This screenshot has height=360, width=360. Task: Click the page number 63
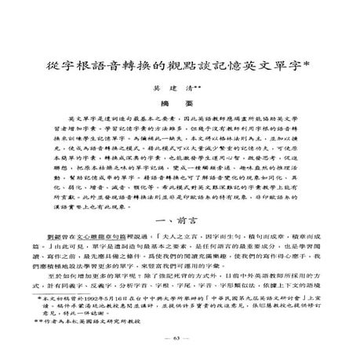tap(180, 340)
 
